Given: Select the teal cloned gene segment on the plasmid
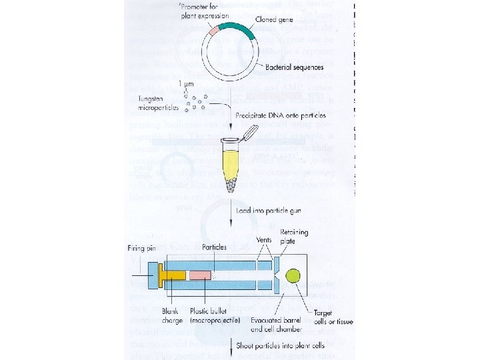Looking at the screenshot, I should tap(237, 29).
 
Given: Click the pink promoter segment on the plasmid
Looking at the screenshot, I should tap(213, 31).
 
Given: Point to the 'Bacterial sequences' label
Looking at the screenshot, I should tap(294, 67).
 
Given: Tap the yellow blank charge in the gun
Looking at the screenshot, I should tap(175, 275).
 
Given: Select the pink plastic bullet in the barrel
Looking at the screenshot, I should tap(200, 275).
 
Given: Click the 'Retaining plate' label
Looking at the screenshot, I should tap(295, 237).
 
